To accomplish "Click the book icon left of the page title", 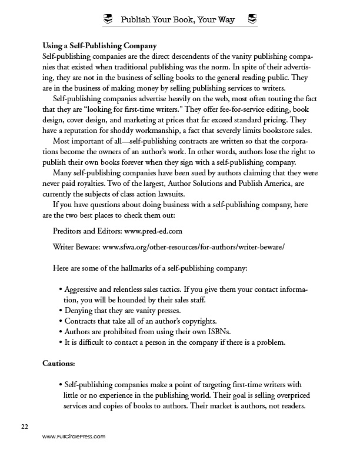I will pyautogui.click(x=107, y=20).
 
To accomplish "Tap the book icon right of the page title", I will pyautogui.click(x=252, y=20).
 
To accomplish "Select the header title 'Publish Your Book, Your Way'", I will pyautogui.click(x=179, y=20).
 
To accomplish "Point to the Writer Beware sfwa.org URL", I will pyautogui.click(x=194, y=247).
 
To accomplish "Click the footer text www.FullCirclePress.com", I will pyautogui.click(x=74, y=437).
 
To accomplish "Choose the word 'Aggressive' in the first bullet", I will pyautogui.click(x=85, y=291).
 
